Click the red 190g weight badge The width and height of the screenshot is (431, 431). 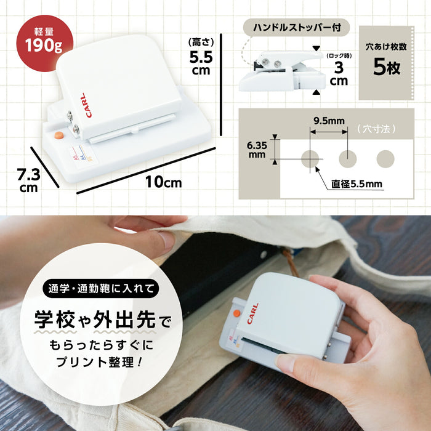pyautogui.click(x=45, y=43)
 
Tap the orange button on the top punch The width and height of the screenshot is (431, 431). pyautogui.click(x=59, y=135)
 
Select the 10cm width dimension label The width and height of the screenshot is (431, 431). pyautogui.click(x=164, y=182)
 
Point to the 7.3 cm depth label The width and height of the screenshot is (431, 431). pyautogui.click(x=28, y=180)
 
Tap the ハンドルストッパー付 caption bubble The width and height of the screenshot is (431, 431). pyautogui.click(x=296, y=28)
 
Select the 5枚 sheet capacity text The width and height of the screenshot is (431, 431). pyautogui.click(x=387, y=67)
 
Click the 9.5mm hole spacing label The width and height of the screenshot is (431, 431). pyautogui.click(x=329, y=121)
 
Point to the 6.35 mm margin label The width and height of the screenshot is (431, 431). pyautogui.click(x=257, y=150)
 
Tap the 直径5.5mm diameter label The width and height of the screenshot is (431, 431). pyautogui.click(x=356, y=183)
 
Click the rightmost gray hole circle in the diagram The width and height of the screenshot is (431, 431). pyautogui.click(x=385, y=159)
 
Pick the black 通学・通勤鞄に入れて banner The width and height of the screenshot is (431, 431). pyautogui.click(x=101, y=288)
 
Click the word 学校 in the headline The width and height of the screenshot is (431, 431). pyautogui.click(x=54, y=319)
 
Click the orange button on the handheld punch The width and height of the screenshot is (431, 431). pyautogui.click(x=236, y=313)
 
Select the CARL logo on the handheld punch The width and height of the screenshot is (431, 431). pyautogui.click(x=252, y=313)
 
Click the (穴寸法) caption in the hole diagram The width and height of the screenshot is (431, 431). pyautogui.click(x=377, y=129)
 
